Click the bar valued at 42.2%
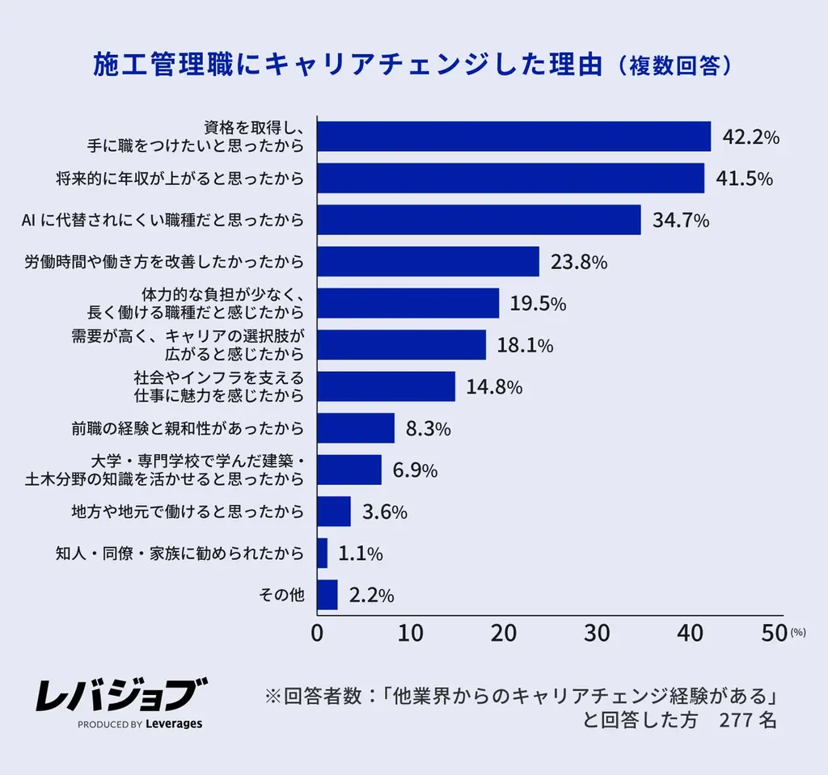[x=513, y=137]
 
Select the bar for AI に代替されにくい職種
[x=479, y=220]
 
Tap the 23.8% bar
[x=428, y=262]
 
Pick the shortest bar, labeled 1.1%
[x=323, y=553]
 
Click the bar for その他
[x=327, y=595]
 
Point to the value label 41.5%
[x=744, y=179]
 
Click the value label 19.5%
[x=538, y=304]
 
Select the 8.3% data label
[x=428, y=429]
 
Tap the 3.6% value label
[x=384, y=512]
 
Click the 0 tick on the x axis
[x=318, y=633]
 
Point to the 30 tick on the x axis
[x=597, y=633]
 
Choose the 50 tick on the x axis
[x=774, y=633]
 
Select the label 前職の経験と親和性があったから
[x=188, y=428]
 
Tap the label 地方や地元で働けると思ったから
[x=188, y=512]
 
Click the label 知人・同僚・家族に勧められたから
[x=180, y=554]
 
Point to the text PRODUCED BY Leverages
[x=140, y=724]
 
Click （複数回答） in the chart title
[x=674, y=65]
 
